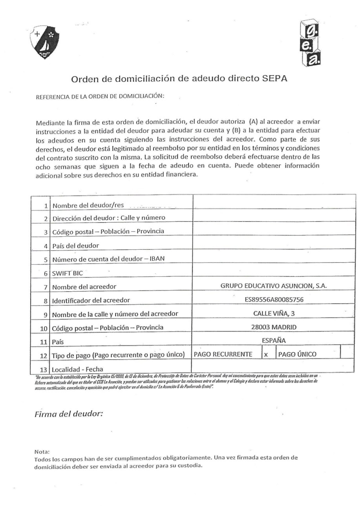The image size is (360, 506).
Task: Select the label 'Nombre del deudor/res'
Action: [88, 205]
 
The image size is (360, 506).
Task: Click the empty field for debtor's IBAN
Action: [274, 258]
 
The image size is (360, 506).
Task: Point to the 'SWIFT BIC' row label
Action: [68, 273]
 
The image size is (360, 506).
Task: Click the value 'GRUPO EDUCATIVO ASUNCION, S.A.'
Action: [274, 286]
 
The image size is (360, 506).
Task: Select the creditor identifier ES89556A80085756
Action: [274, 300]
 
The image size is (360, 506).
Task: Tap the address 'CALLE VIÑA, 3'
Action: [274, 313]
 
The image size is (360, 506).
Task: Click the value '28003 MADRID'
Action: [274, 327]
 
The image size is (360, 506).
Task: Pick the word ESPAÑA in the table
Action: [274, 340]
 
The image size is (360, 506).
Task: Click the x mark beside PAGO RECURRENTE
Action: [266, 354]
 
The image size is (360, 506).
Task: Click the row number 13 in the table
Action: [44, 369]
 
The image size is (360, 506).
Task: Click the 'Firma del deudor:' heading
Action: [69, 414]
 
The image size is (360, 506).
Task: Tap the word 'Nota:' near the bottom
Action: [42, 451]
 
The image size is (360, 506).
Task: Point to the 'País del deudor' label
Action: [75, 246]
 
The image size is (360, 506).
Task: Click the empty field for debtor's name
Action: [274, 203]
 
